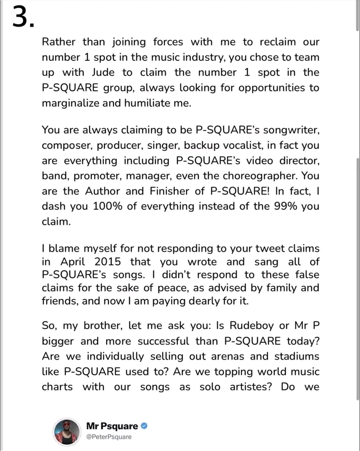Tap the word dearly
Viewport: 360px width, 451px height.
click(x=204, y=303)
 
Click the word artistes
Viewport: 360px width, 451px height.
click(x=246, y=387)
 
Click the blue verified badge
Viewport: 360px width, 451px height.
click(x=145, y=426)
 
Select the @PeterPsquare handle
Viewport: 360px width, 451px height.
click(x=109, y=437)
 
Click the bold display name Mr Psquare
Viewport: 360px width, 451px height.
click(x=112, y=426)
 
